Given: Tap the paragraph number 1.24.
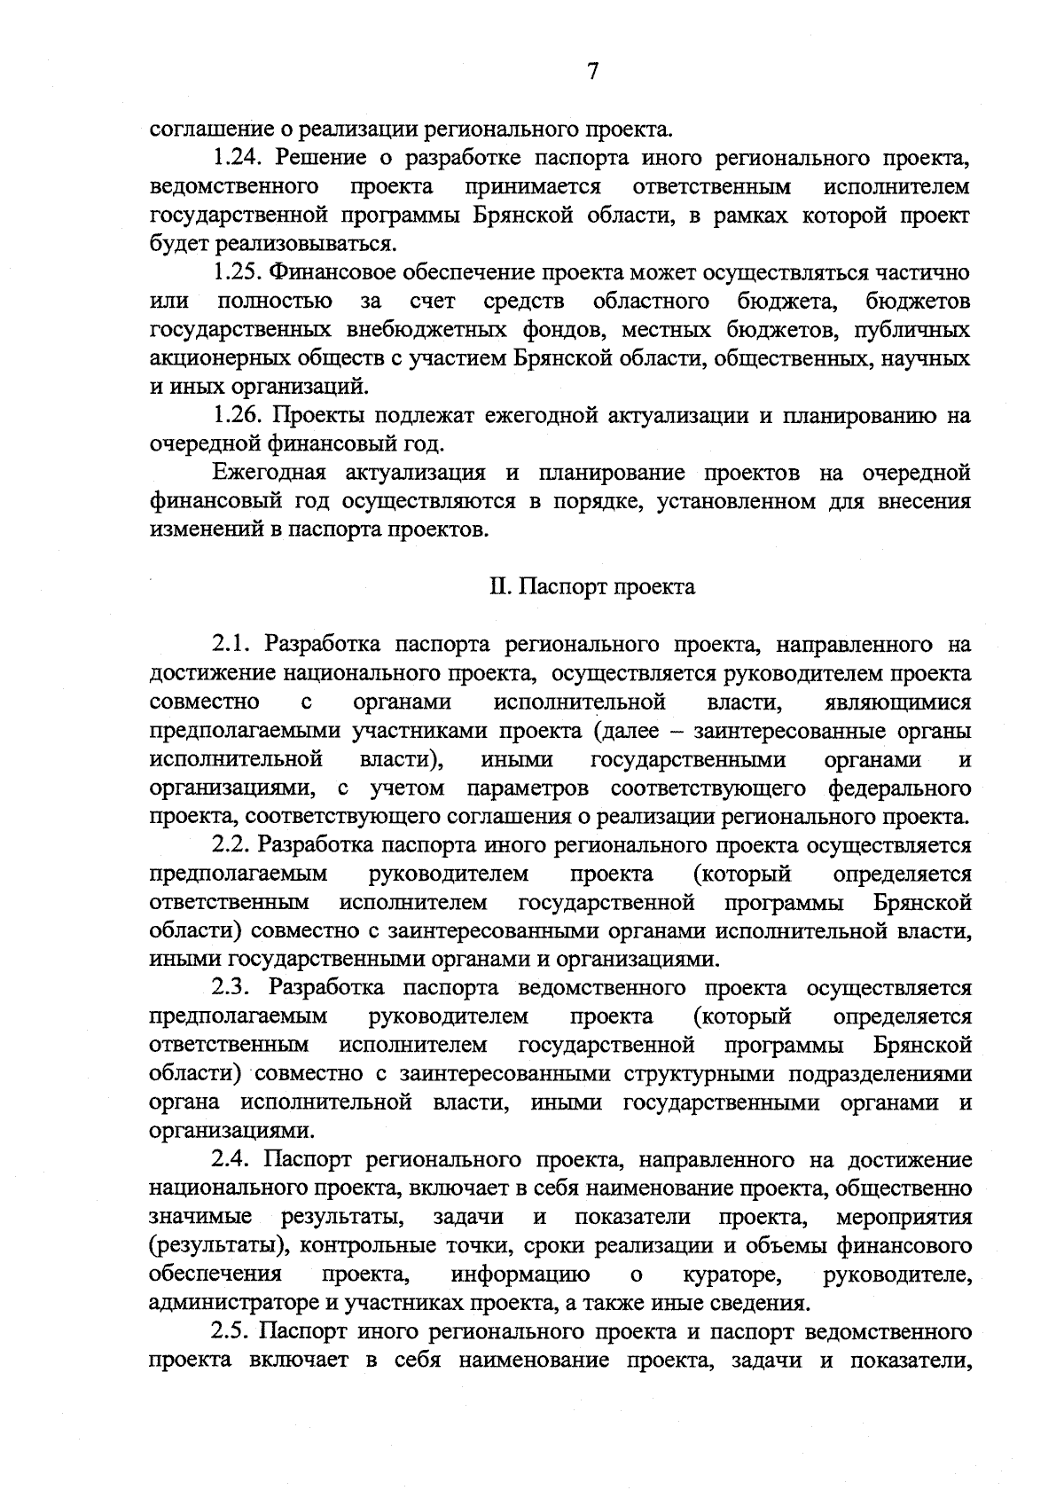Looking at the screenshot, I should [x=239, y=158].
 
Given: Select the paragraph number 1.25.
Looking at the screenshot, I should [x=239, y=272].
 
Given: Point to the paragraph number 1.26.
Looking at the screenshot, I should [x=239, y=415].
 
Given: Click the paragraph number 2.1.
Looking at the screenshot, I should [x=233, y=643].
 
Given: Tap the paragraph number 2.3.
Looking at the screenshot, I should [x=233, y=987].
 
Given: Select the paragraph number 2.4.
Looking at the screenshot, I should [x=233, y=1159].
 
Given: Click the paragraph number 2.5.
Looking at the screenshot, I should [x=233, y=1331].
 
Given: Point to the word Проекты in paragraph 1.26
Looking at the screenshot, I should [x=319, y=415].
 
